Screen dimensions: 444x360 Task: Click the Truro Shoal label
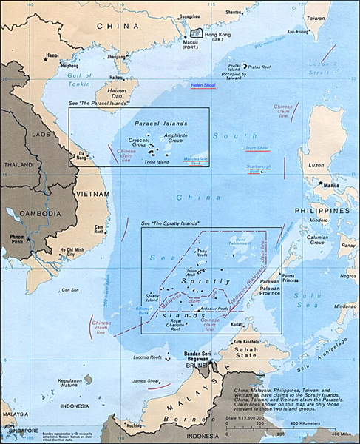(257, 148)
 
